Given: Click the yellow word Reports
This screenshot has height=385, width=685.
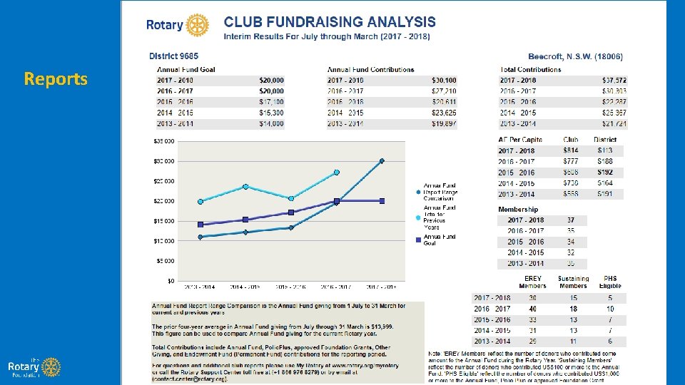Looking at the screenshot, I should click(56, 78).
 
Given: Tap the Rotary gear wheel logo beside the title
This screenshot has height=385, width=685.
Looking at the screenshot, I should click(198, 25).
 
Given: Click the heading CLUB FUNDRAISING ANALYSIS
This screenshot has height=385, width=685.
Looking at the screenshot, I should click(330, 23).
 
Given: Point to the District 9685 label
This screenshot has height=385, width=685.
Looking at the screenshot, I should click(173, 56).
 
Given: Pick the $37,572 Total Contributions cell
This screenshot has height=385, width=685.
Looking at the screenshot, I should click(614, 81).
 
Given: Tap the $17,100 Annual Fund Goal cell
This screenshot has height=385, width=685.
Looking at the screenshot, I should click(271, 102).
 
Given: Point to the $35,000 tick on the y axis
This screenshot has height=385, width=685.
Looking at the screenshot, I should click(164, 141).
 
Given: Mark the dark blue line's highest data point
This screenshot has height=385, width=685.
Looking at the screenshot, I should click(382, 161).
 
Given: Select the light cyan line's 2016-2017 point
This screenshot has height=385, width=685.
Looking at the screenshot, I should click(337, 173).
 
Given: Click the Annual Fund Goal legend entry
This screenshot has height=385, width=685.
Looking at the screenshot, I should click(438, 240).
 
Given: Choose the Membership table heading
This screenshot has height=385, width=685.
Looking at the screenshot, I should click(518, 209).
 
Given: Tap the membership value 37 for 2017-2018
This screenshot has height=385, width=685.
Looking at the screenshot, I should click(571, 220).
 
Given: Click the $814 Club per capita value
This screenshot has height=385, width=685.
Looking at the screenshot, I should click(571, 150).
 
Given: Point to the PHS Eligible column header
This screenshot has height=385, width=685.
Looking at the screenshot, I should click(610, 282).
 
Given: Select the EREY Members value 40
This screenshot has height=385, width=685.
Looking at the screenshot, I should click(532, 309).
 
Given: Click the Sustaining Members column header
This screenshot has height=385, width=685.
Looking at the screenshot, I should click(573, 282).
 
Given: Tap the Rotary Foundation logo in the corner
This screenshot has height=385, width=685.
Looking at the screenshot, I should click(33, 366).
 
